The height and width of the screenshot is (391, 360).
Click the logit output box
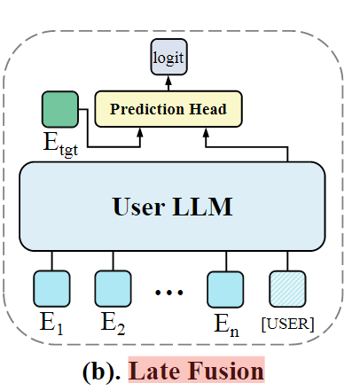click(x=168, y=57)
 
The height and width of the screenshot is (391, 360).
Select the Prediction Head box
click(x=168, y=109)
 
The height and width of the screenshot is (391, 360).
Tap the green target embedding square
click(x=60, y=109)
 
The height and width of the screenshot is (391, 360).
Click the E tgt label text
click(x=61, y=144)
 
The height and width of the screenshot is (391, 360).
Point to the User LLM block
click(x=172, y=207)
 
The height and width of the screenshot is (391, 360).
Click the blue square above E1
click(x=51, y=289)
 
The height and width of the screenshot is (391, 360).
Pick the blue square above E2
click(x=113, y=289)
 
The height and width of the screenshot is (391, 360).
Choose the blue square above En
click(x=225, y=290)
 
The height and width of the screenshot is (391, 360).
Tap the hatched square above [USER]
click(x=287, y=289)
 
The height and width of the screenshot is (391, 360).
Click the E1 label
click(x=51, y=324)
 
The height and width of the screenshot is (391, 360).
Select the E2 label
click(x=113, y=324)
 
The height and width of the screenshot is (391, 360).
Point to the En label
click(x=226, y=325)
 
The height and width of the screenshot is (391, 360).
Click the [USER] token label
click(x=287, y=325)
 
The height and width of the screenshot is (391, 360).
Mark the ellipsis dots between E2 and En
click(x=169, y=293)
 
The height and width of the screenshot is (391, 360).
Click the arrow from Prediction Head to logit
click(x=168, y=83)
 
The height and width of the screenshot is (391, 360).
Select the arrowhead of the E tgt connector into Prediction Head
click(x=140, y=132)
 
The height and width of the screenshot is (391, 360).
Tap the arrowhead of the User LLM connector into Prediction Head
click(x=206, y=132)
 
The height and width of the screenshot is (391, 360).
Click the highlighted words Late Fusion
click(x=196, y=371)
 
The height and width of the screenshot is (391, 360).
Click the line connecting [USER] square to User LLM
click(x=287, y=261)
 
